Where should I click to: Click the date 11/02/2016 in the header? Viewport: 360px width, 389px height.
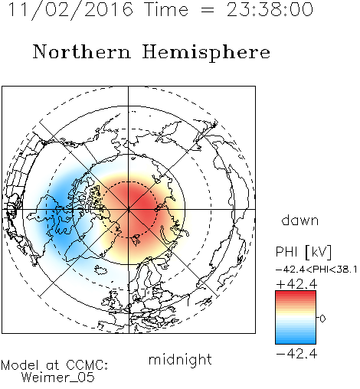(70, 10)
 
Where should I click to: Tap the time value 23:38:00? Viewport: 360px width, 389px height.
(270, 9)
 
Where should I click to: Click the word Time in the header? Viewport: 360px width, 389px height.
(166, 9)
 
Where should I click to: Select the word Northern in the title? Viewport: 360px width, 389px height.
(81, 51)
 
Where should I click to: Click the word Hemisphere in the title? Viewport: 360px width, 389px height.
(206, 53)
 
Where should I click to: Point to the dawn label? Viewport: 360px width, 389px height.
(299, 220)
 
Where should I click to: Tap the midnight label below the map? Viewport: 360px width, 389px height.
(180, 359)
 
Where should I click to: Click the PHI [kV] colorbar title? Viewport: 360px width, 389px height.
(303, 252)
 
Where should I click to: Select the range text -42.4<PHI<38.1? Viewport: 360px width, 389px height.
(316, 270)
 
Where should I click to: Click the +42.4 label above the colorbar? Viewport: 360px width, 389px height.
(296, 284)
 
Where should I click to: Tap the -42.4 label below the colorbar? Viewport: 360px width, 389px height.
(296, 354)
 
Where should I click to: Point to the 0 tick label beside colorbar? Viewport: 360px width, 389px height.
(322, 319)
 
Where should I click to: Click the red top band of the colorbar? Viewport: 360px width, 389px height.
(296, 294)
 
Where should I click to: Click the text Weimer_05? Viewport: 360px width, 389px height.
(57, 378)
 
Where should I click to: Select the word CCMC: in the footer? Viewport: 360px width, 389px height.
(87, 365)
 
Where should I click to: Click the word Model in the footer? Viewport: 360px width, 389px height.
(20, 365)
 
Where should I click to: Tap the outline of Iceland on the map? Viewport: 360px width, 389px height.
(101, 270)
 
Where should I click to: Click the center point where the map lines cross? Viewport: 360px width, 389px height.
(129, 209)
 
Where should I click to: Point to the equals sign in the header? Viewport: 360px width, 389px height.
(208, 10)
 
